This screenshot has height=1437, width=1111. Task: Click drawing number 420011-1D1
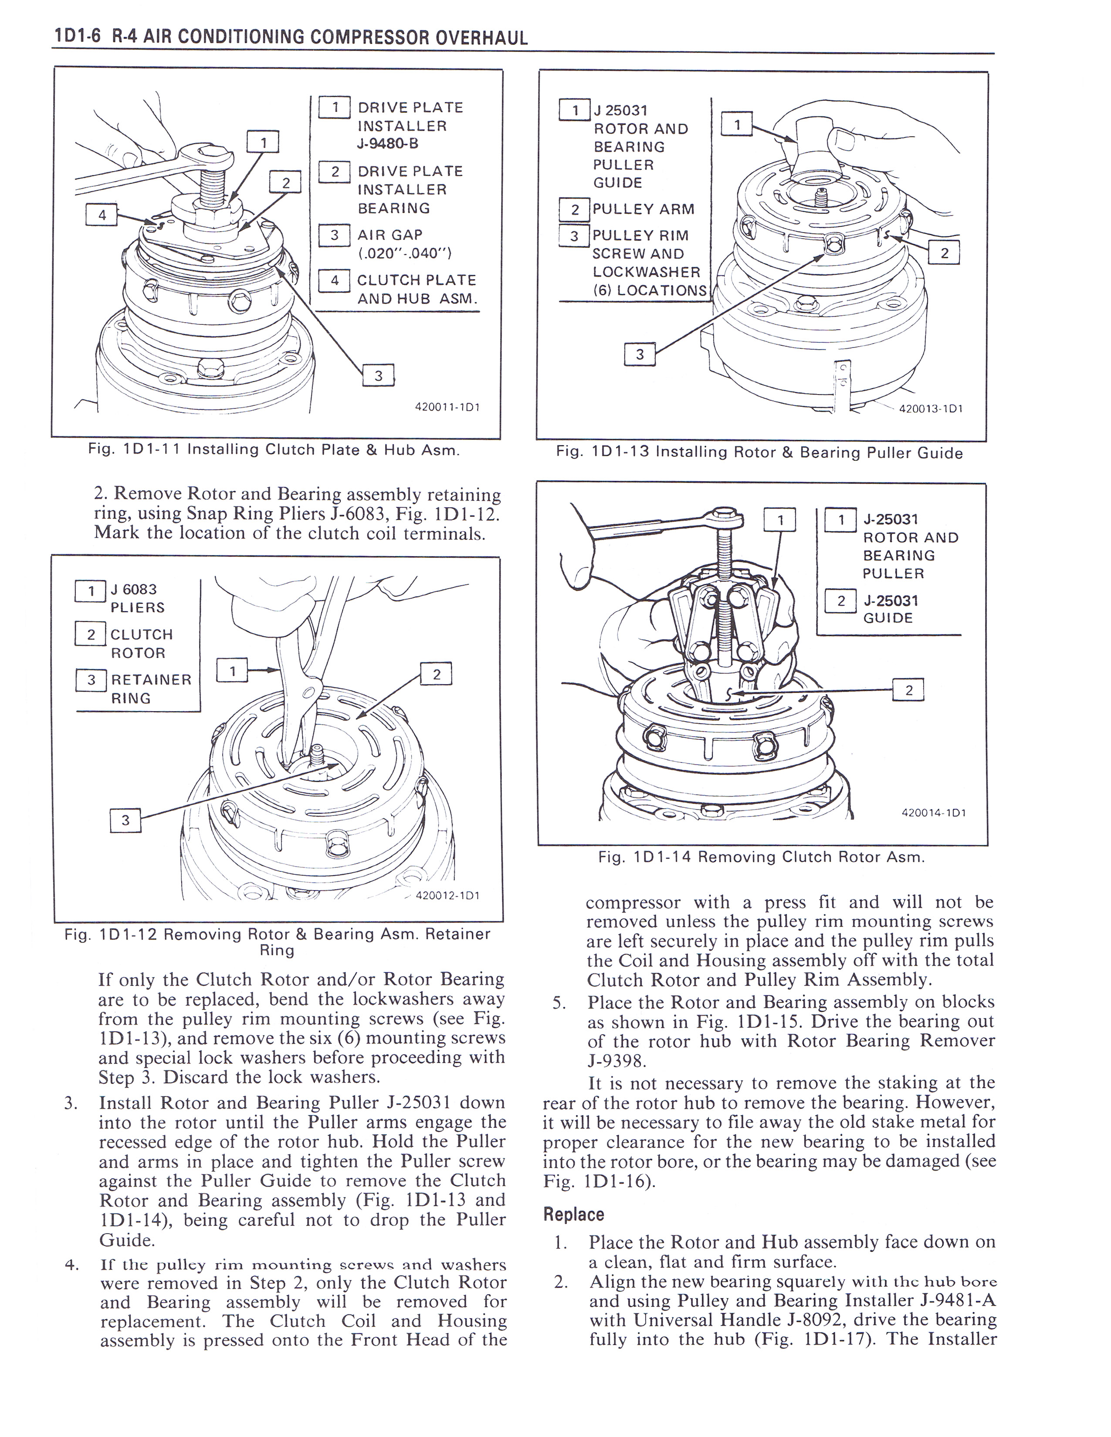click(x=447, y=407)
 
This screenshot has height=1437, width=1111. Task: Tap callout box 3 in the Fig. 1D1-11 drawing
click(x=379, y=376)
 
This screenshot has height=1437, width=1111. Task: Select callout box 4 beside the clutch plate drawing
click(x=102, y=215)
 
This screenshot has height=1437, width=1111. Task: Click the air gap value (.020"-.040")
click(x=404, y=253)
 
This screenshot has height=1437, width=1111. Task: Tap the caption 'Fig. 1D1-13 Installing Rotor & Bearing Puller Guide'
click(x=759, y=453)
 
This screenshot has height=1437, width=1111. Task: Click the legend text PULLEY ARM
click(x=643, y=209)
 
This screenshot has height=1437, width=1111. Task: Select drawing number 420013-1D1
click(x=931, y=408)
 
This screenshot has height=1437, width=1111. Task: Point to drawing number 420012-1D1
click(x=447, y=895)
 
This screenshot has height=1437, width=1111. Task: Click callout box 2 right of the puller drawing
click(x=909, y=690)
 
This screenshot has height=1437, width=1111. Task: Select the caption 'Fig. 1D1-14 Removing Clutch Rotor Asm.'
click(x=762, y=857)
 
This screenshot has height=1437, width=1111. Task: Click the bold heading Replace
click(x=573, y=1214)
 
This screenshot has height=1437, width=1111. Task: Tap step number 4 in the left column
click(x=72, y=1265)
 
